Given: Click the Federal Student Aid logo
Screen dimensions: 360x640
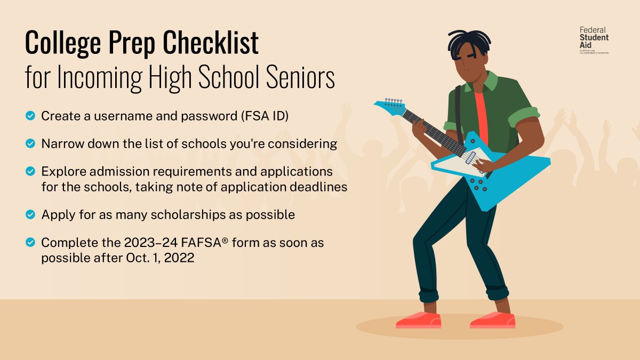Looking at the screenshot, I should tap(594, 40).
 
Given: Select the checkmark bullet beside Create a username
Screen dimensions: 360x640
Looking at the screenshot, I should tap(30, 115).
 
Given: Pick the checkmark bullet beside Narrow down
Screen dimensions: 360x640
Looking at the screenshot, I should tap(30, 143).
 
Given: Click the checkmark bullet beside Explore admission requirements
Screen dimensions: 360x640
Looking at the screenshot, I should tap(30, 171).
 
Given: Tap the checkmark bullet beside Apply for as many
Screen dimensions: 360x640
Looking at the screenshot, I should tap(30, 214).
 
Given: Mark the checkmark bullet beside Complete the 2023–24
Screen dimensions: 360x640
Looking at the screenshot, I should tap(30, 243).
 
